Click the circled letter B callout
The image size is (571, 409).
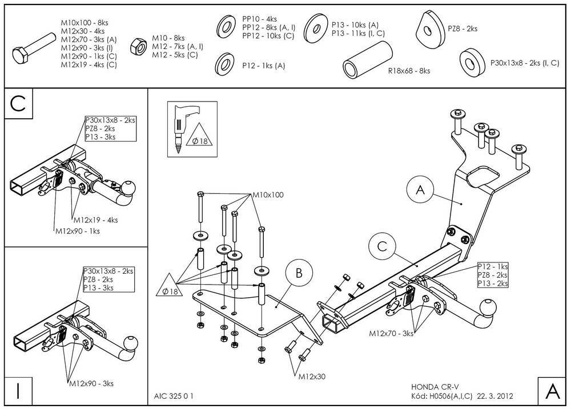click(299, 273)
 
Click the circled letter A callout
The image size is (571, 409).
click(421, 189)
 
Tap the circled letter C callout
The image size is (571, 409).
click(382, 246)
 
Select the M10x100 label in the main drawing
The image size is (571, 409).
click(268, 195)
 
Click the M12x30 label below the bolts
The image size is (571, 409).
click(312, 377)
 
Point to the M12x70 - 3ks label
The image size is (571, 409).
click(391, 333)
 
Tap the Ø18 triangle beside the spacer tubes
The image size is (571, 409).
click(170, 286)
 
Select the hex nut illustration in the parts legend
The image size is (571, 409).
click(138, 46)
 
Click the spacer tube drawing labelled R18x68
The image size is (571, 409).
click(367, 59)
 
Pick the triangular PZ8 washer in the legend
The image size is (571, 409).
click(431, 29)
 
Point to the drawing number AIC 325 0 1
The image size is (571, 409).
click(174, 396)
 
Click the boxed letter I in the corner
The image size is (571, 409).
click(18, 391)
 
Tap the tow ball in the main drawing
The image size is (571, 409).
click(487, 309)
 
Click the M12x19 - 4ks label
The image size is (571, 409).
click(96, 220)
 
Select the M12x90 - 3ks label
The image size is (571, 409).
click(91, 383)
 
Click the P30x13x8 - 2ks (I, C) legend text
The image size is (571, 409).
click(525, 63)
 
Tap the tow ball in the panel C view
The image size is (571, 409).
click(127, 188)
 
